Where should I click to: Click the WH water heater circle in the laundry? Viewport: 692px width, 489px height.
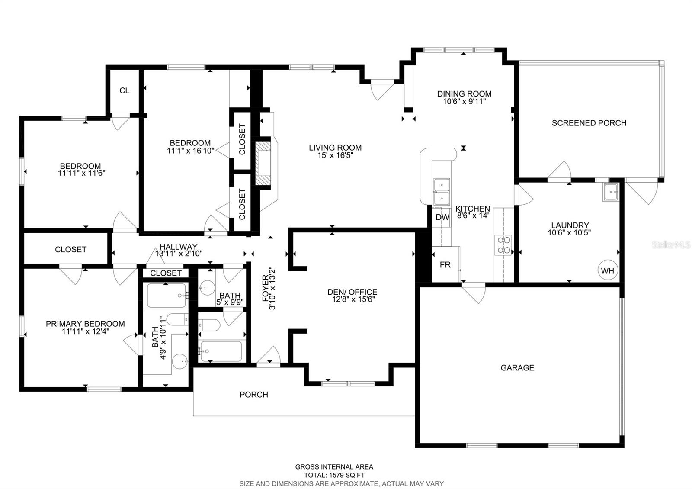click(608, 271)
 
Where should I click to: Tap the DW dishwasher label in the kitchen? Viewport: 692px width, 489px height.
click(442, 217)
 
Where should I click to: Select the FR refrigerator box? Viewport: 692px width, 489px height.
click(445, 264)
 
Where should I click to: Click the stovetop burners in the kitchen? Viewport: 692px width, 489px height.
click(503, 244)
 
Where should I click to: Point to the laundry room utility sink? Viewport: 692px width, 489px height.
click(611, 192)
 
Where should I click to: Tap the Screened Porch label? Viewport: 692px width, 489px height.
click(589, 123)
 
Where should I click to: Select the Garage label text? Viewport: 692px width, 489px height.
click(517, 367)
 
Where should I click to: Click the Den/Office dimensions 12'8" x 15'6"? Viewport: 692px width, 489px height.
click(352, 299)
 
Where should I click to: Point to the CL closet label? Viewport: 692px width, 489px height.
click(124, 90)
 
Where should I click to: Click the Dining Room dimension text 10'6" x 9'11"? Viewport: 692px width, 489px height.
click(464, 101)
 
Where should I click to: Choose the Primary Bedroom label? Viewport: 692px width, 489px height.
click(85, 324)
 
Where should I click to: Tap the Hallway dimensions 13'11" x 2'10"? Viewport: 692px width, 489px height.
click(179, 253)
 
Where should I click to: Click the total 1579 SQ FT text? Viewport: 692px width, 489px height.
click(334, 475)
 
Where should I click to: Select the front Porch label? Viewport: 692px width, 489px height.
click(254, 394)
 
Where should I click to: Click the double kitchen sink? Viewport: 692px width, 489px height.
click(441, 191)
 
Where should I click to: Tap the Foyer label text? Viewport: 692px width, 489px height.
click(265, 288)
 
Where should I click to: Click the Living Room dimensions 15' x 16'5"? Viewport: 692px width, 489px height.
click(335, 154)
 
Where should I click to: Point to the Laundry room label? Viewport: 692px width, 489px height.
click(570, 225)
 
